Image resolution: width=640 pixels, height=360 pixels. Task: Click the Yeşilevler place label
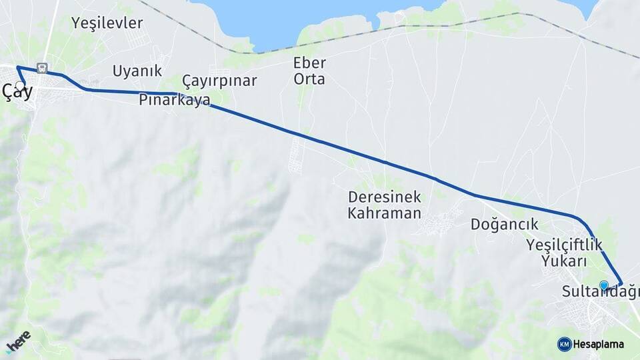(x=107, y=23)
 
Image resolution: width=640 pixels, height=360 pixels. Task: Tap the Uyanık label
(x=137, y=71)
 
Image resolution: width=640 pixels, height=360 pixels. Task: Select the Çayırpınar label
(x=219, y=81)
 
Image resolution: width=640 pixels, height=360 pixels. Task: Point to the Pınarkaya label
(x=175, y=100)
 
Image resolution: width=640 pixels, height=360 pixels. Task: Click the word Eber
(x=309, y=63)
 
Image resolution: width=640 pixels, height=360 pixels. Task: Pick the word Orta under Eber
(x=309, y=79)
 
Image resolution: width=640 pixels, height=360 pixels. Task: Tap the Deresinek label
(x=384, y=197)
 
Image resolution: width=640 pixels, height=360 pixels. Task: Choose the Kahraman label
(x=384, y=213)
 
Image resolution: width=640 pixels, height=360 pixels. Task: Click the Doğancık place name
(x=504, y=224)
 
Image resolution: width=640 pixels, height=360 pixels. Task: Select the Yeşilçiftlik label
(x=564, y=245)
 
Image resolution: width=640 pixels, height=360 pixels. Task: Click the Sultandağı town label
(x=600, y=292)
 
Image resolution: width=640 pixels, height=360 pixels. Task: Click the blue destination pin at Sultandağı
(x=604, y=285)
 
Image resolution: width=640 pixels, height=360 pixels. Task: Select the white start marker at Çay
(x=19, y=85)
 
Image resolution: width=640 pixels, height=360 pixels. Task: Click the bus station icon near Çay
(x=43, y=68)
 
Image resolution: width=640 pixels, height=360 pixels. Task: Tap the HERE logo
(x=17, y=341)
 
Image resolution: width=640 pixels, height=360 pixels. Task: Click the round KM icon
(x=564, y=344)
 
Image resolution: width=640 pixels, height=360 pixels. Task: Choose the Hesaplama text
(x=598, y=345)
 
